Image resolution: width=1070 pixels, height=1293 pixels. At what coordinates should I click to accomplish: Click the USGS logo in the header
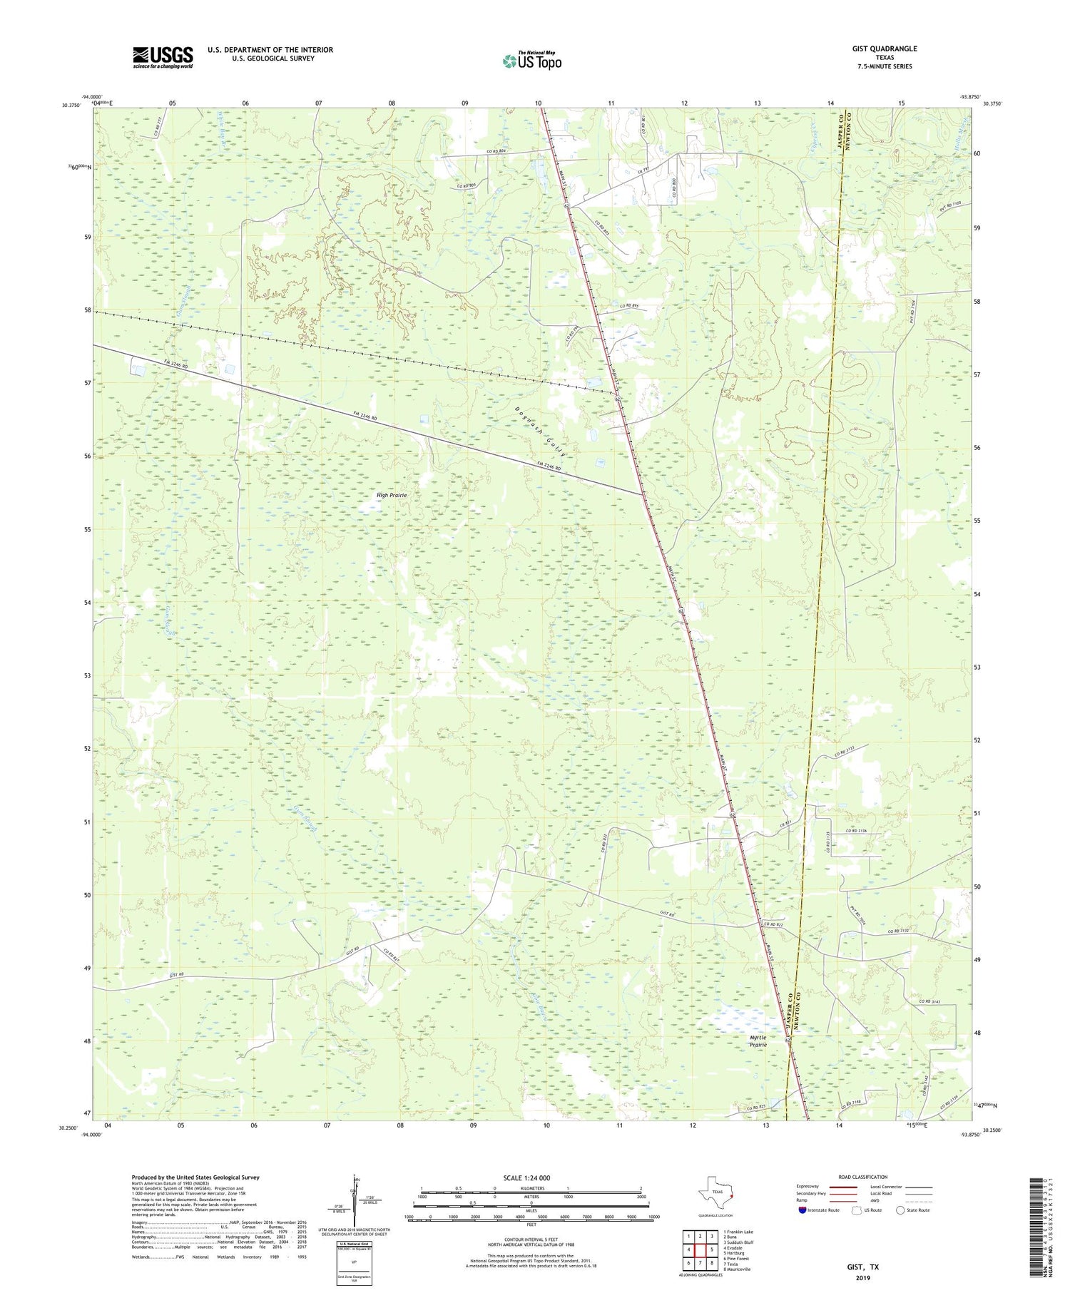click(x=163, y=57)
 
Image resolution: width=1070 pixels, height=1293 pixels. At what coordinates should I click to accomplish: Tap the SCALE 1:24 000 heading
click(x=531, y=1177)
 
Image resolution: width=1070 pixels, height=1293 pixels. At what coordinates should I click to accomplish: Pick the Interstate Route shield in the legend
click(x=802, y=1210)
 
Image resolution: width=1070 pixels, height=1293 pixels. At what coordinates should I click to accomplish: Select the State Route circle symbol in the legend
click(x=900, y=1210)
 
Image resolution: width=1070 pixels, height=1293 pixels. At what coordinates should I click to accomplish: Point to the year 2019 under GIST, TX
click(x=863, y=1277)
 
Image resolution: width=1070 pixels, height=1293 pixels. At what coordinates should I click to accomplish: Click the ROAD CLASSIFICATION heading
click(x=863, y=1177)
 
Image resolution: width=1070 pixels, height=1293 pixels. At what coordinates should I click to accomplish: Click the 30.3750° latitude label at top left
click(x=72, y=105)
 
